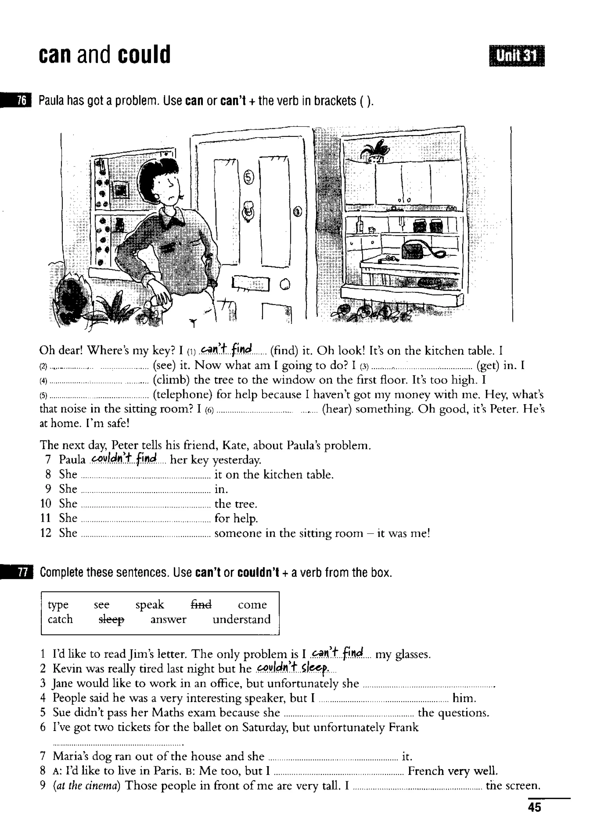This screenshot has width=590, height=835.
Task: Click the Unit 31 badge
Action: (517, 56)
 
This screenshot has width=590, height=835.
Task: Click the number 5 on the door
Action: (248, 177)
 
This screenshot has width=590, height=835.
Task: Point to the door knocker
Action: (249, 211)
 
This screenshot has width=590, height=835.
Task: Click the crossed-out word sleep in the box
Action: (111, 619)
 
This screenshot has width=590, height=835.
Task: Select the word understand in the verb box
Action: (241, 619)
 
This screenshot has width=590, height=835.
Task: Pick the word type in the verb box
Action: (58, 604)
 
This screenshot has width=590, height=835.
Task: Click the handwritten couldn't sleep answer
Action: (293, 667)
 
